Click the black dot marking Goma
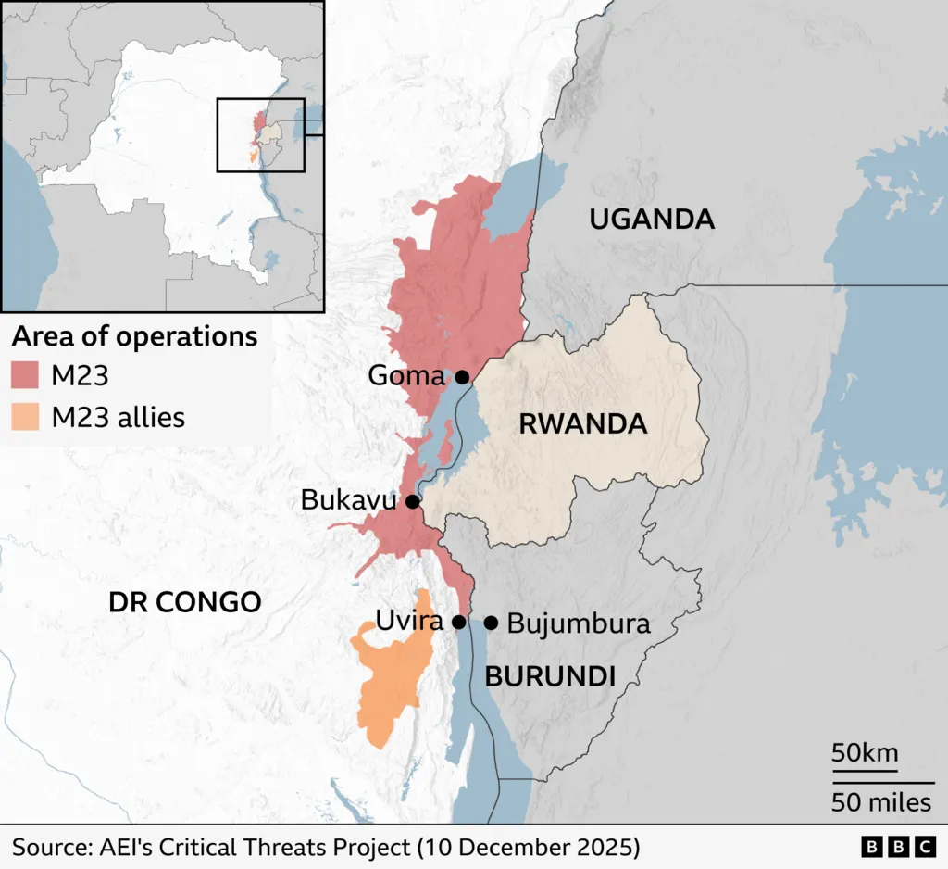[x=462, y=376]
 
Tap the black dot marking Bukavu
[x=413, y=501]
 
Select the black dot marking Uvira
[x=458, y=623]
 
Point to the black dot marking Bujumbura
[x=491, y=623]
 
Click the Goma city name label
[x=406, y=376]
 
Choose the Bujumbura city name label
[x=579, y=623]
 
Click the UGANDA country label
[x=652, y=220]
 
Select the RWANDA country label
[x=582, y=423]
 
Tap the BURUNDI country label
[x=550, y=676]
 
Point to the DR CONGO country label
[x=185, y=602]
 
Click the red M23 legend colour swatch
[x=25, y=375]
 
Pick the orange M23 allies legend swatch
[x=25, y=417]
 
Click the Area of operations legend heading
[x=134, y=335]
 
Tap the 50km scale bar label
[x=865, y=752]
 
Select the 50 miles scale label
[x=881, y=801]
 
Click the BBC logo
[x=897, y=847]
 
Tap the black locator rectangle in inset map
[x=260, y=135]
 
